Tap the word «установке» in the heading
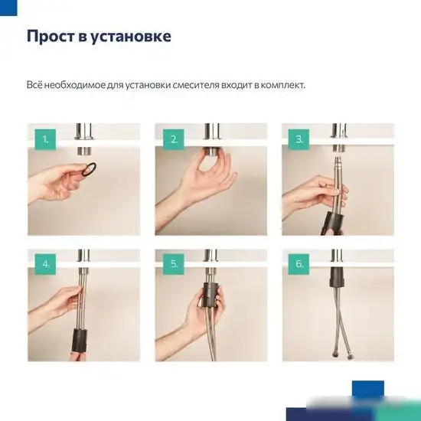(x=132, y=36)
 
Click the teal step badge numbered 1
(x=45, y=139)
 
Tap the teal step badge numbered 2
(x=174, y=139)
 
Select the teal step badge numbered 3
(x=299, y=139)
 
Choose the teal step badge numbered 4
(x=45, y=264)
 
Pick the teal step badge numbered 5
(x=174, y=264)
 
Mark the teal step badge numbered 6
(x=299, y=264)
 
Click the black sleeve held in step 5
(x=211, y=294)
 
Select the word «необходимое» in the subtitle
(x=73, y=84)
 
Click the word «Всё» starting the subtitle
(x=34, y=84)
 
